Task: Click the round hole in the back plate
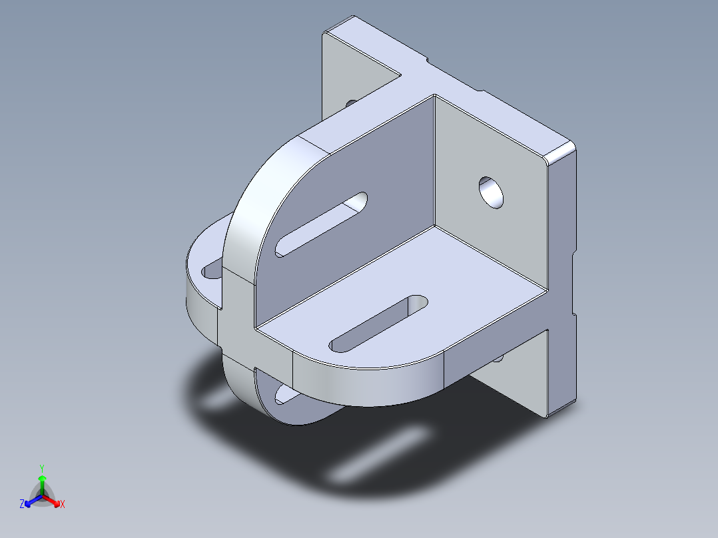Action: click(x=493, y=192)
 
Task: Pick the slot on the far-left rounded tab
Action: click(x=212, y=270)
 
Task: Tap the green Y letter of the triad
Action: click(x=41, y=467)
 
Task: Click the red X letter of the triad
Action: click(x=63, y=505)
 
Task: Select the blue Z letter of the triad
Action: click(x=22, y=504)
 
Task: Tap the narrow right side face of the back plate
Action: click(x=563, y=280)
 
